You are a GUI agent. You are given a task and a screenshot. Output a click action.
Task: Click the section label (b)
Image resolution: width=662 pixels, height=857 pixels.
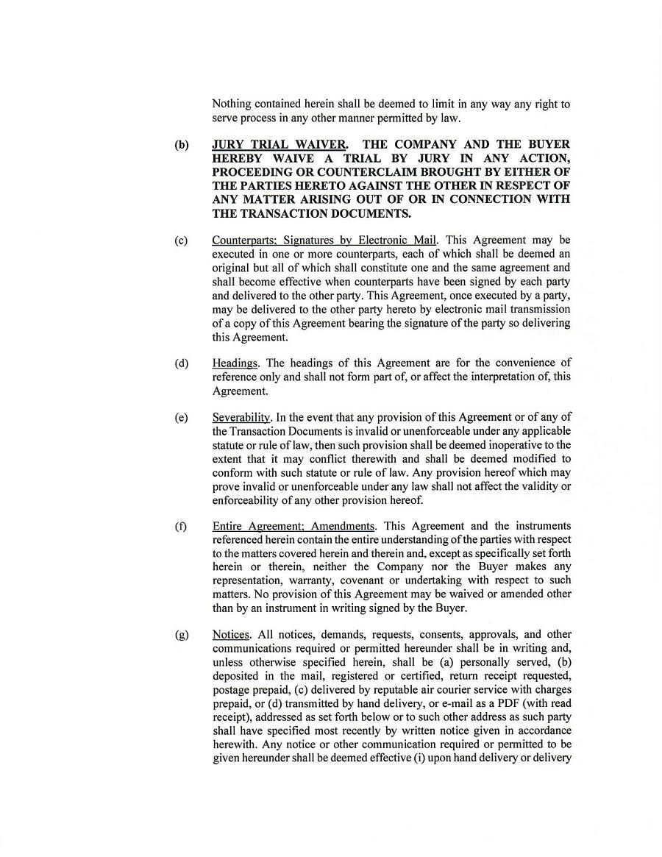point(181,145)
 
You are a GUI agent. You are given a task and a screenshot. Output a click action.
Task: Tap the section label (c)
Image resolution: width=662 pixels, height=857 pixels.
point(181,241)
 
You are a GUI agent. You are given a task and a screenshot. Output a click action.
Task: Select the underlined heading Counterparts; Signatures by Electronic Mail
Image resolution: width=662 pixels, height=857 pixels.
point(324,241)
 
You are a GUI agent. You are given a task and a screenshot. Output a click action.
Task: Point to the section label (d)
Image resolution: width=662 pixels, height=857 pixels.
point(181,363)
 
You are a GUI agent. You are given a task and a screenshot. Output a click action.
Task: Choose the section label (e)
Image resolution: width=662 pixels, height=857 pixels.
point(181,418)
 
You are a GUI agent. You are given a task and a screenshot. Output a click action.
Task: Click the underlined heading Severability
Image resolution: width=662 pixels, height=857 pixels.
point(241,418)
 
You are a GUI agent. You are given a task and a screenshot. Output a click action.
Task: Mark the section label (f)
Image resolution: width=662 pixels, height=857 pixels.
point(181,527)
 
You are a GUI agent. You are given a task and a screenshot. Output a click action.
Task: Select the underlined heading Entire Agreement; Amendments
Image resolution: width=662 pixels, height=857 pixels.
point(293,527)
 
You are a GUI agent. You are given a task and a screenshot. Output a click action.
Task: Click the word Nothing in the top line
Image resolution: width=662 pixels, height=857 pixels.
point(232,104)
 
